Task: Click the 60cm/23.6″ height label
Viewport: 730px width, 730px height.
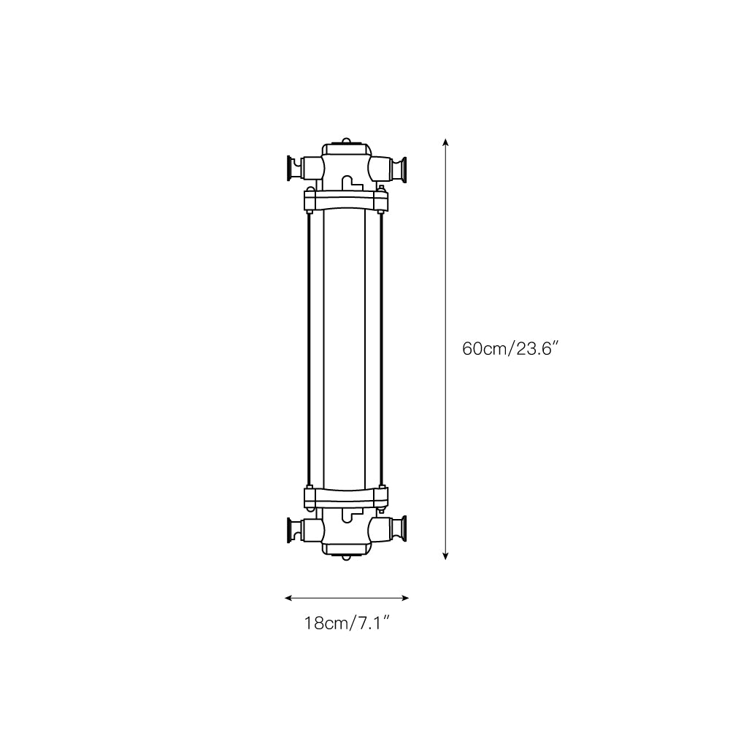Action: click(x=510, y=348)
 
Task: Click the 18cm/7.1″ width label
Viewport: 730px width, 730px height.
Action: click(x=346, y=623)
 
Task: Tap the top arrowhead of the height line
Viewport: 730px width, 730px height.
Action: click(x=445, y=142)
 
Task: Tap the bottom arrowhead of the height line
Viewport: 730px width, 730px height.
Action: click(x=445, y=556)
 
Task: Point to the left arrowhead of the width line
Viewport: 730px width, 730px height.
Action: click(x=288, y=598)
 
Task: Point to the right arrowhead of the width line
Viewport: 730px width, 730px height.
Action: click(x=405, y=598)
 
